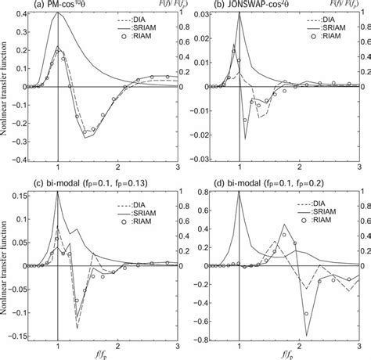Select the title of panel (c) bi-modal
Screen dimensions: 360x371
77,185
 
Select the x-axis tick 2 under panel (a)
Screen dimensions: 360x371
117,168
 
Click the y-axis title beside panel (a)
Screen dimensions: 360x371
5,86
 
